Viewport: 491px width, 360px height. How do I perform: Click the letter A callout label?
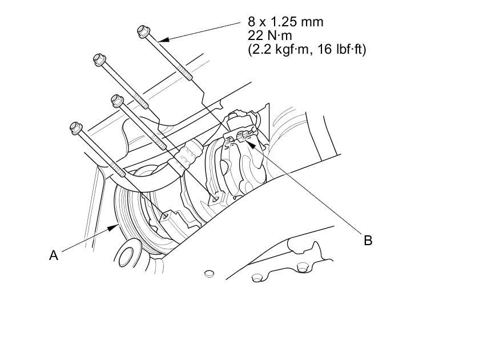coord(54,255)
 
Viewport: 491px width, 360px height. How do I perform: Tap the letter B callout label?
coord(368,241)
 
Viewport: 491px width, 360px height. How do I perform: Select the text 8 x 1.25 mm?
coord(285,22)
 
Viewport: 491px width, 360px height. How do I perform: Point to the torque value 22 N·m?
coord(269,36)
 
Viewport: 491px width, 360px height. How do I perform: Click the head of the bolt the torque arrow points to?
coord(143,31)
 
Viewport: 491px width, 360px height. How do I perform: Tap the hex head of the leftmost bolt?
coord(76,128)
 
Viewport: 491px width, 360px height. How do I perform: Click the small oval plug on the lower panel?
coord(208,273)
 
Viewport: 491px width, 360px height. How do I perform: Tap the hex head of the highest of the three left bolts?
coord(100,59)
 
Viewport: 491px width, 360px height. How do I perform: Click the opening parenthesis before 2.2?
coord(250,50)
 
